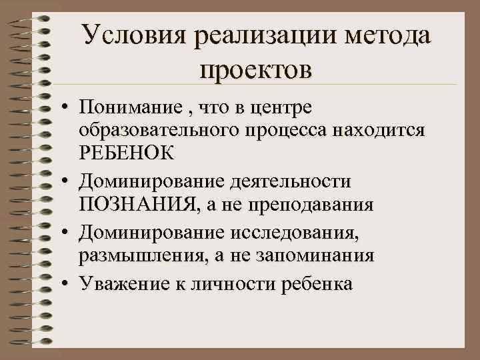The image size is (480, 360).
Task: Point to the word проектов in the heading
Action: point(254,69)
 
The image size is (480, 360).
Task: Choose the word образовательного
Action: point(165,130)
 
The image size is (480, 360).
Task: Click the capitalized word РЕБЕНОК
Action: point(127,153)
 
